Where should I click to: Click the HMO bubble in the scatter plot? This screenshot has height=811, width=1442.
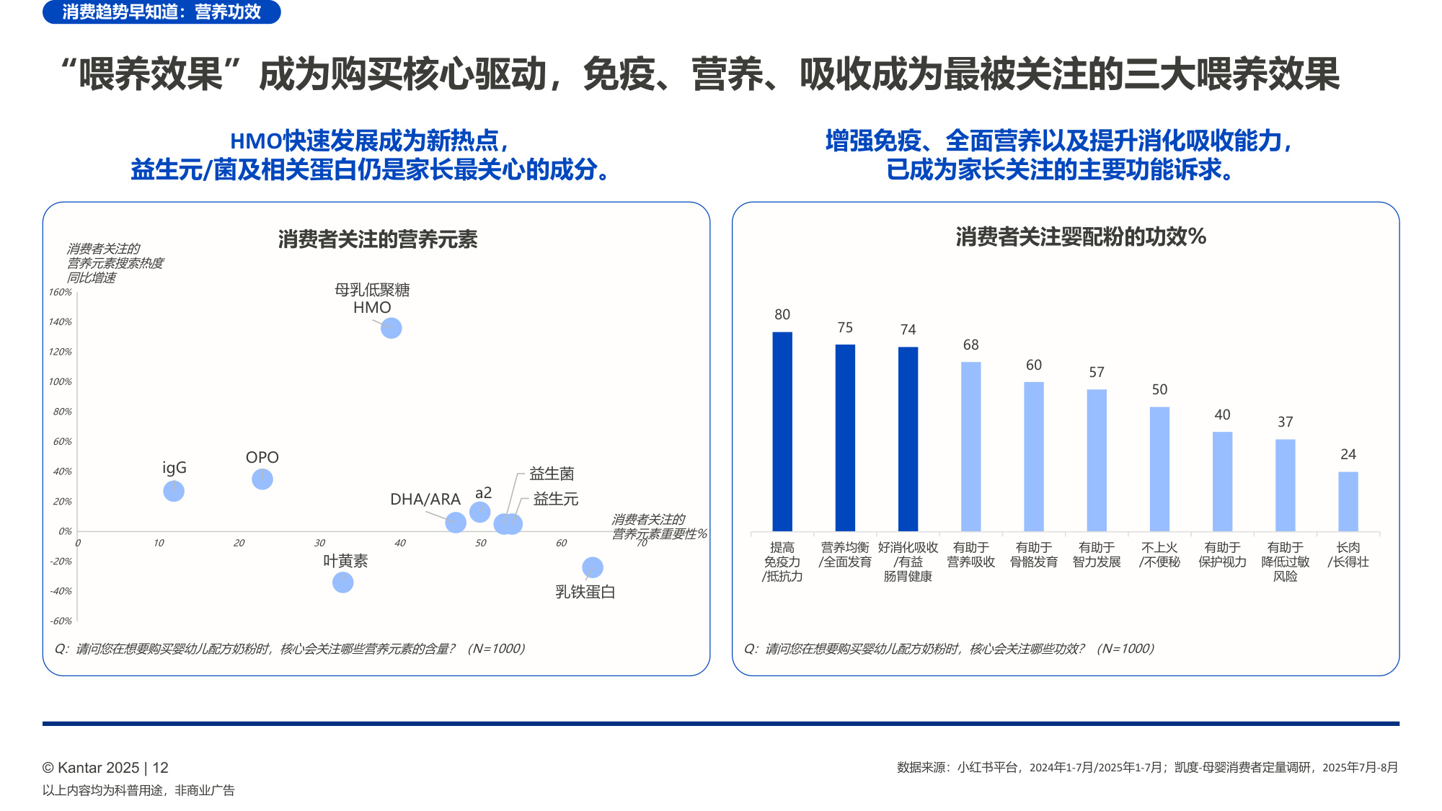[391, 328]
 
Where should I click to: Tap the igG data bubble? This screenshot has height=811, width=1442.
[174, 491]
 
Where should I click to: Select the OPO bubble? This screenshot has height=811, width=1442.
[262, 479]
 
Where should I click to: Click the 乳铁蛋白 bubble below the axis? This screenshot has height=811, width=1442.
[593, 567]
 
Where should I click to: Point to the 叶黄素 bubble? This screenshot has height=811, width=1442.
[343, 582]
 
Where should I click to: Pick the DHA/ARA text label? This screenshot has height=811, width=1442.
[425, 499]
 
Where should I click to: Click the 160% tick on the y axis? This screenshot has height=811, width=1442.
[61, 292]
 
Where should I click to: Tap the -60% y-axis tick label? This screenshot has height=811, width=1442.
[61, 621]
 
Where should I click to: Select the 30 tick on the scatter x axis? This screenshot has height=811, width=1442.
[319, 543]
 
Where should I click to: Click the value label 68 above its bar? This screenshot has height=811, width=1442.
[971, 345]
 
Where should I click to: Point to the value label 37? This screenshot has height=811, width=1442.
[1285, 422]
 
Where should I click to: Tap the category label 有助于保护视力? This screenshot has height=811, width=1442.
[1222, 554]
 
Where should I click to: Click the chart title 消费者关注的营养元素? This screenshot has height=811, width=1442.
[378, 239]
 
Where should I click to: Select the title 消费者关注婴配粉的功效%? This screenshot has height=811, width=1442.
[1081, 236]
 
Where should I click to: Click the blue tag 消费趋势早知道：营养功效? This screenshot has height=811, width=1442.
[162, 12]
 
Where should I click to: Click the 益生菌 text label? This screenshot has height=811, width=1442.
[552, 474]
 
